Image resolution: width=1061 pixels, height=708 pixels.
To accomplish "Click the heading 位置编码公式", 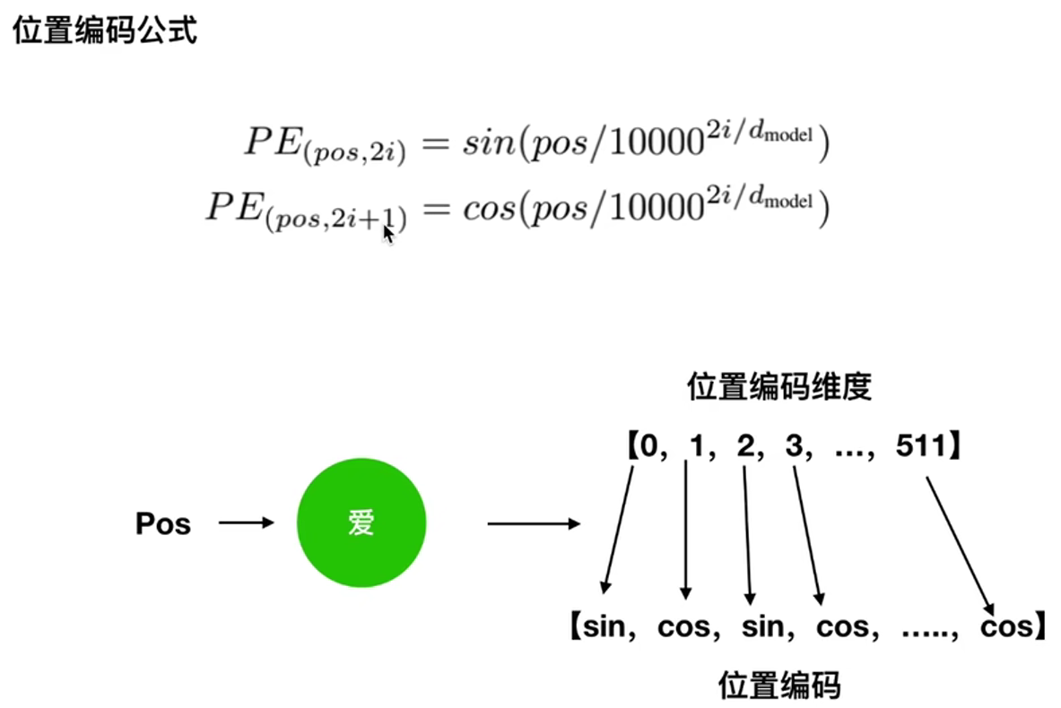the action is pyautogui.click(x=104, y=32).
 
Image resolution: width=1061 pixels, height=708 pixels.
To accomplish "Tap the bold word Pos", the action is pyautogui.click(x=163, y=524).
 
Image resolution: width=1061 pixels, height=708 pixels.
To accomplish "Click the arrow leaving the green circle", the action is pyautogui.click(x=534, y=522).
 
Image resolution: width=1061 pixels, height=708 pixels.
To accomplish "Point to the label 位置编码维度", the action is pyautogui.click(x=778, y=388).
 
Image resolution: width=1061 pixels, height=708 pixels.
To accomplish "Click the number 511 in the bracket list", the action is pyautogui.click(x=921, y=445).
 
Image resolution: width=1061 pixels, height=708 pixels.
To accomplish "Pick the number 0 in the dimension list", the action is pyautogui.click(x=643, y=445).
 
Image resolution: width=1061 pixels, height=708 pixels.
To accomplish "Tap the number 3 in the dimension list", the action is pyautogui.click(x=794, y=445).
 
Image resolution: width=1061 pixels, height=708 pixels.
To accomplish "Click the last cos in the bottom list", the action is pyautogui.click(x=1006, y=626).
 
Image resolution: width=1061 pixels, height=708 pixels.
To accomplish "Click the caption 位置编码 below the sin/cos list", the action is pyautogui.click(x=778, y=685).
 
